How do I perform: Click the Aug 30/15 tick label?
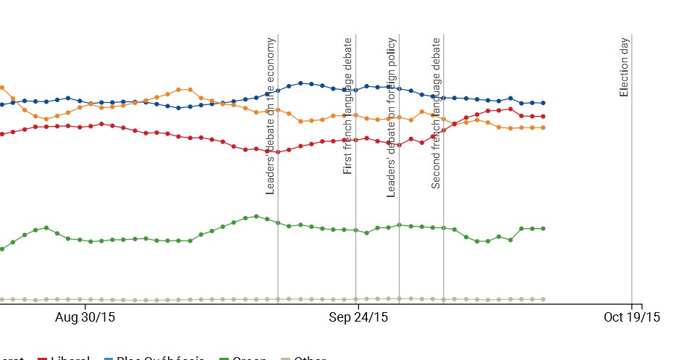(85, 317)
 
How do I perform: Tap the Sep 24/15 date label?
(358, 317)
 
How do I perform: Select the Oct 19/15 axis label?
(632, 317)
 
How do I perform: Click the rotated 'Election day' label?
(624, 67)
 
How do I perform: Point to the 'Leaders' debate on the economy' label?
(271, 116)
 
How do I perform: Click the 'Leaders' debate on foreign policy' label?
(391, 117)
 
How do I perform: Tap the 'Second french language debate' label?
(436, 114)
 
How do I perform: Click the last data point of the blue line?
(543, 103)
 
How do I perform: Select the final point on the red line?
(543, 116)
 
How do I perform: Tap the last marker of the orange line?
(543, 127)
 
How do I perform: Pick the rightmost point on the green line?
(543, 228)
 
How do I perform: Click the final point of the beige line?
(543, 298)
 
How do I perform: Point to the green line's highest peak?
(256, 216)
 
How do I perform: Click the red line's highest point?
(510, 109)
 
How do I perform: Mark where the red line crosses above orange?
(455, 124)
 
